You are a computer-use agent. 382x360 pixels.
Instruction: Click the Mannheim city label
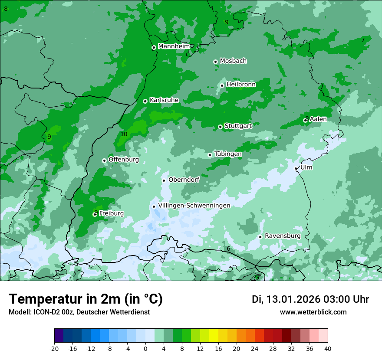coord(174,46)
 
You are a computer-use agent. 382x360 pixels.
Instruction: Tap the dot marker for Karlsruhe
coord(145,101)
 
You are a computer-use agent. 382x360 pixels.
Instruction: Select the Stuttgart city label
coord(238,126)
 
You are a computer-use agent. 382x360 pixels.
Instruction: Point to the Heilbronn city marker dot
coord(222,85)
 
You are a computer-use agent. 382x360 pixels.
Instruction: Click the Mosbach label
coord(233,61)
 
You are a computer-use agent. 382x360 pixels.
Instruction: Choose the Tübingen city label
coord(228,154)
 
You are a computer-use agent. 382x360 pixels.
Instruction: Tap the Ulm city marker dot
coord(296,169)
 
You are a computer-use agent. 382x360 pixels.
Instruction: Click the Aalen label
coord(318,119)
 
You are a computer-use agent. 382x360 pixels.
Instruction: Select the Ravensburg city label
coord(283,236)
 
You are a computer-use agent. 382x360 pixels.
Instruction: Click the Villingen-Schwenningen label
coord(194,206)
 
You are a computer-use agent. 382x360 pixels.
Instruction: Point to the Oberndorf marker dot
coord(164,180)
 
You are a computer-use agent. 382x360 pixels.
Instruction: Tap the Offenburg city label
coord(124,160)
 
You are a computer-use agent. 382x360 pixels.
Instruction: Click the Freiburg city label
coord(111,213)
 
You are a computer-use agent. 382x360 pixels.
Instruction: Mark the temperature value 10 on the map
coord(124,134)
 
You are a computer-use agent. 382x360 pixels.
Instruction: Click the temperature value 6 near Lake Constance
coord(228,249)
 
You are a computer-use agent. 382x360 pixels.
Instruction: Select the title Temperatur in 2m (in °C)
coord(86,299)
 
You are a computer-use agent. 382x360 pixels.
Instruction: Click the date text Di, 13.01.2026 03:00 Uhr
coord(310,299)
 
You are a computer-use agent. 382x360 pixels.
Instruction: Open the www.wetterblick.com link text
coord(313,312)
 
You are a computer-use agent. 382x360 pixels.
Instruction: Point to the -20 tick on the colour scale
coord(54,349)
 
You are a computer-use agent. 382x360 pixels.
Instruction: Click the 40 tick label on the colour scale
coord(327,349)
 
